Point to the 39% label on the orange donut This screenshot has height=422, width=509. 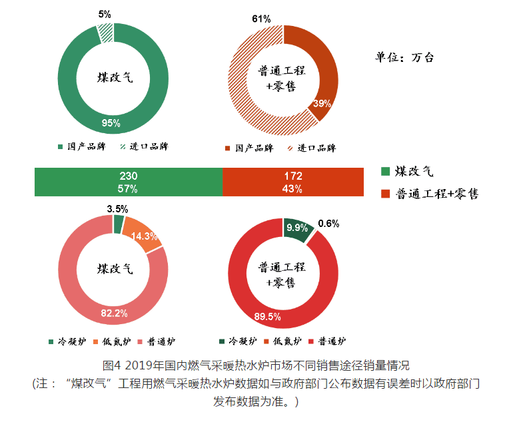(x=322, y=103)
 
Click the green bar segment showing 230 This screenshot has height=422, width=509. (x=128, y=182)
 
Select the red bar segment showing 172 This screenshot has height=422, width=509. (x=292, y=182)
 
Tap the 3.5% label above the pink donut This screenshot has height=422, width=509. (x=117, y=208)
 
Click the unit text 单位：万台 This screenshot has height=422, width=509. (x=404, y=57)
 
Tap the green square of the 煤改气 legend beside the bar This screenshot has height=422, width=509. (x=384, y=172)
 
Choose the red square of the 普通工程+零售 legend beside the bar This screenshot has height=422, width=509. (x=384, y=194)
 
